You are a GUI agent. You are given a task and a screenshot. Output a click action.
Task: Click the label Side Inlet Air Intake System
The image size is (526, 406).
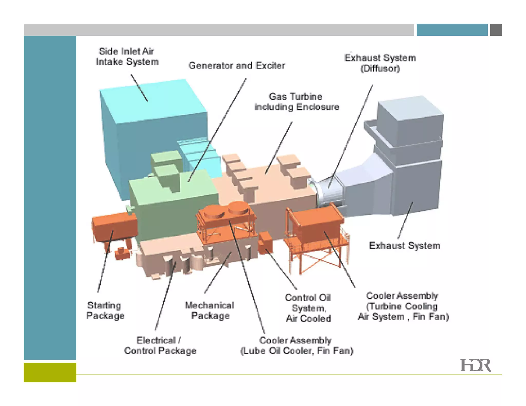[127, 56]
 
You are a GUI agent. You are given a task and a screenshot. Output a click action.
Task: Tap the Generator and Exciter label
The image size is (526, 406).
[237, 65]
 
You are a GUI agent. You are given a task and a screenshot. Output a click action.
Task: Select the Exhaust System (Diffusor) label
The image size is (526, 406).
[380, 63]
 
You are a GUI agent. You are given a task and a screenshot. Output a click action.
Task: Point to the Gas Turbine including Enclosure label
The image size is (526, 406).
[297, 102]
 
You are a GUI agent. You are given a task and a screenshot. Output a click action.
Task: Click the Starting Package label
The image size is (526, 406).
[105, 310]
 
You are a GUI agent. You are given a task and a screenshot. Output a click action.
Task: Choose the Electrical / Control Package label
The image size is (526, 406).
[160, 345]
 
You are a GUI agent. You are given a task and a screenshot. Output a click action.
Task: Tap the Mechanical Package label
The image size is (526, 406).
[210, 310]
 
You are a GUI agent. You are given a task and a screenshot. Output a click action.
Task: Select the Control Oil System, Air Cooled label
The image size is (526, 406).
[308, 308]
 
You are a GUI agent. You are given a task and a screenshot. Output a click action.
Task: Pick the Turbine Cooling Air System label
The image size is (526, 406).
[403, 306]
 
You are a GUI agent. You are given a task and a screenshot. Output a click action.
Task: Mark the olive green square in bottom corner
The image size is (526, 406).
[50, 372]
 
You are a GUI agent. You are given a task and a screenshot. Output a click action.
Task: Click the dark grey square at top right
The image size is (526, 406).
[496, 30]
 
